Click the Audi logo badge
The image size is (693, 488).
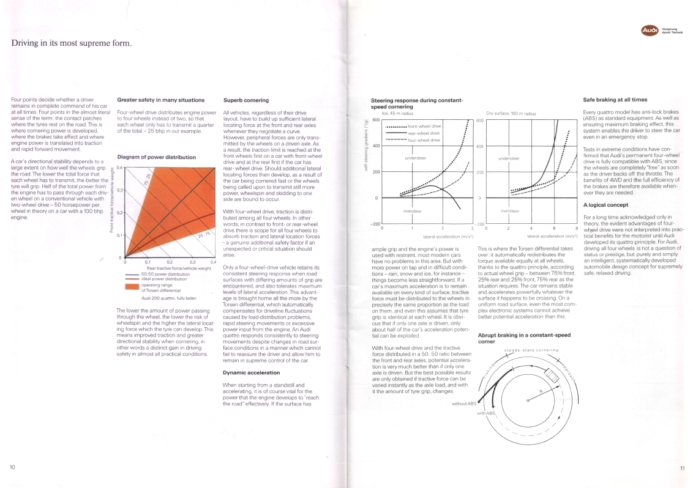[x=650, y=29]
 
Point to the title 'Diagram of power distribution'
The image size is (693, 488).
[x=156, y=157]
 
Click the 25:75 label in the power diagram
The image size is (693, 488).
[x=203, y=234]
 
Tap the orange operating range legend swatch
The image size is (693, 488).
[x=132, y=286]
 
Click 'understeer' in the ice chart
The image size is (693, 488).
[x=416, y=158]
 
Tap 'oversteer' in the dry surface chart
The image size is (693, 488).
[x=510, y=210]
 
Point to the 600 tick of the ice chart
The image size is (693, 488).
[x=376, y=119]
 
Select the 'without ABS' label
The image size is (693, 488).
[x=463, y=404]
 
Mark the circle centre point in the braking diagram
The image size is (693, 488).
[x=528, y=400]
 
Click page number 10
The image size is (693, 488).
[x=12, y=468]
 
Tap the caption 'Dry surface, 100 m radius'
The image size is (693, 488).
[x=511, y=114]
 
